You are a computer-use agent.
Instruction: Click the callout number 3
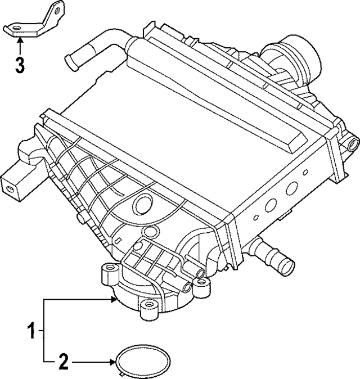click(20, 65)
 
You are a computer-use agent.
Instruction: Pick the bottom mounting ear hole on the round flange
click(148, 306)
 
